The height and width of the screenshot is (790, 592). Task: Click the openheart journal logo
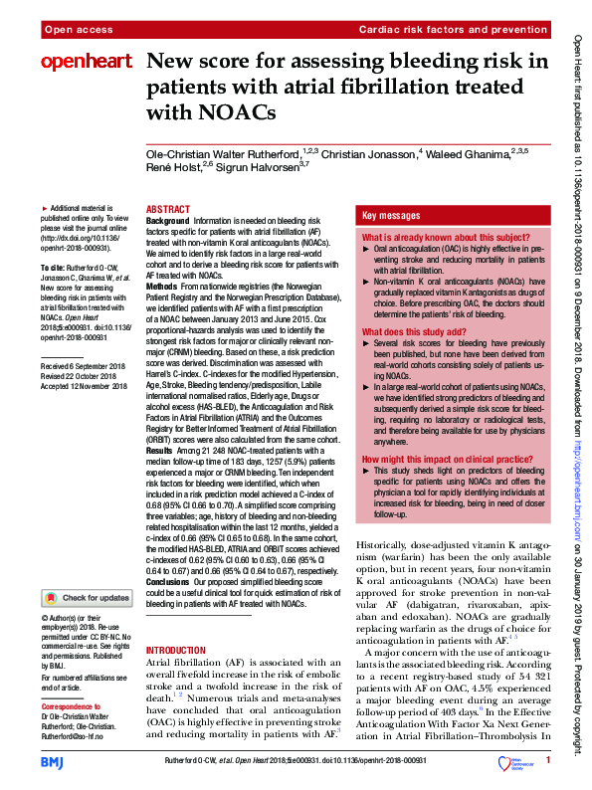86,62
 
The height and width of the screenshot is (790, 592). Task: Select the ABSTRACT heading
168,209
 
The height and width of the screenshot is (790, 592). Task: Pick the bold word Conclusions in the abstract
172,580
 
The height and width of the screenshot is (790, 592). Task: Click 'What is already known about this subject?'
439,239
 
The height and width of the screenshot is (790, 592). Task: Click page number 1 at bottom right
547,760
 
